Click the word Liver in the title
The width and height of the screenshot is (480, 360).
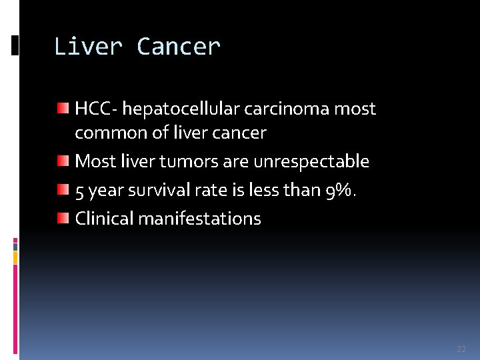pyautogui.click(x=88, y=47)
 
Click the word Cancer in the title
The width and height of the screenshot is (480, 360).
pyautogui.click(x=178, y=47)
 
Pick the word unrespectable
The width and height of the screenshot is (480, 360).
pyautogui.click(x=311, y=161)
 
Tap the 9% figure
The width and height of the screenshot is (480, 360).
pyautogui.click(x=340, y=190)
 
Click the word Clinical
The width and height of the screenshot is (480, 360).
pyautogui.click(x=104, y=218)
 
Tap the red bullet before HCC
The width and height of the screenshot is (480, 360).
pyautogui.click(x=62, y=107)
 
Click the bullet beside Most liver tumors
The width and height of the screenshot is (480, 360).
pyautogui.click(x=62, y=160)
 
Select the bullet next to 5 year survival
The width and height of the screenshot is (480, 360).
pyautogui.click(x=62, y=189)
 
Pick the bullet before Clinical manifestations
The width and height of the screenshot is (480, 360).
pyautogui.click(x=62, y=217)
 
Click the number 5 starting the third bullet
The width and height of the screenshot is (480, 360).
pyautogui.click(x=79, y=191)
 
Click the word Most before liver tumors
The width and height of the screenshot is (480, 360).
pyautogui.click(x=94, y=161)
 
